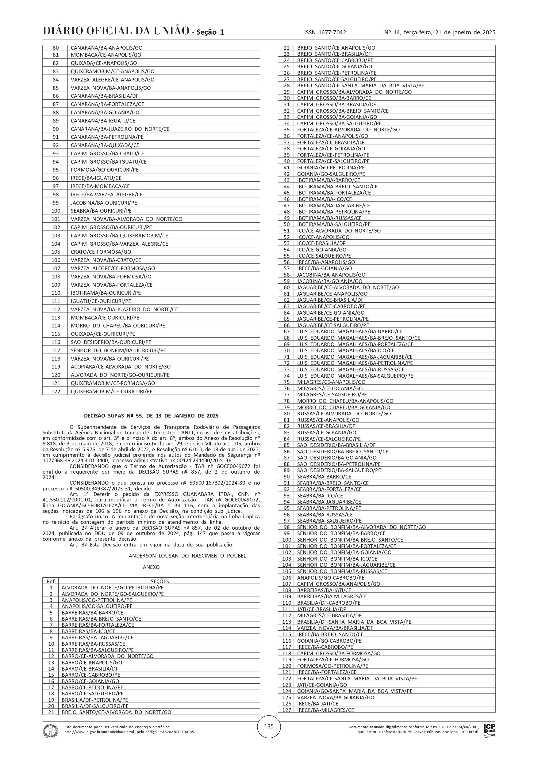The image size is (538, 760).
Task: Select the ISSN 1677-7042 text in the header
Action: (x=325, y=32)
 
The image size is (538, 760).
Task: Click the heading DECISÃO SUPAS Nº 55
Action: (x=151, y=416)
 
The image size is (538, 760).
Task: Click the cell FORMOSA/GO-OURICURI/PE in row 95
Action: (x=105, y=170)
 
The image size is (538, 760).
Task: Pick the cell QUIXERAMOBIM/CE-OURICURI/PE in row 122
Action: (x=112, y=391)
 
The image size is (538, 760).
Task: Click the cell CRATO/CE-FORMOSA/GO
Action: (x=101, y=252)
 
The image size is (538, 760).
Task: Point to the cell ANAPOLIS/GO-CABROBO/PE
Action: (x=330, y=578)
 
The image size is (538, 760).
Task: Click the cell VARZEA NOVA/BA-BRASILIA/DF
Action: (x=335, y=628)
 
